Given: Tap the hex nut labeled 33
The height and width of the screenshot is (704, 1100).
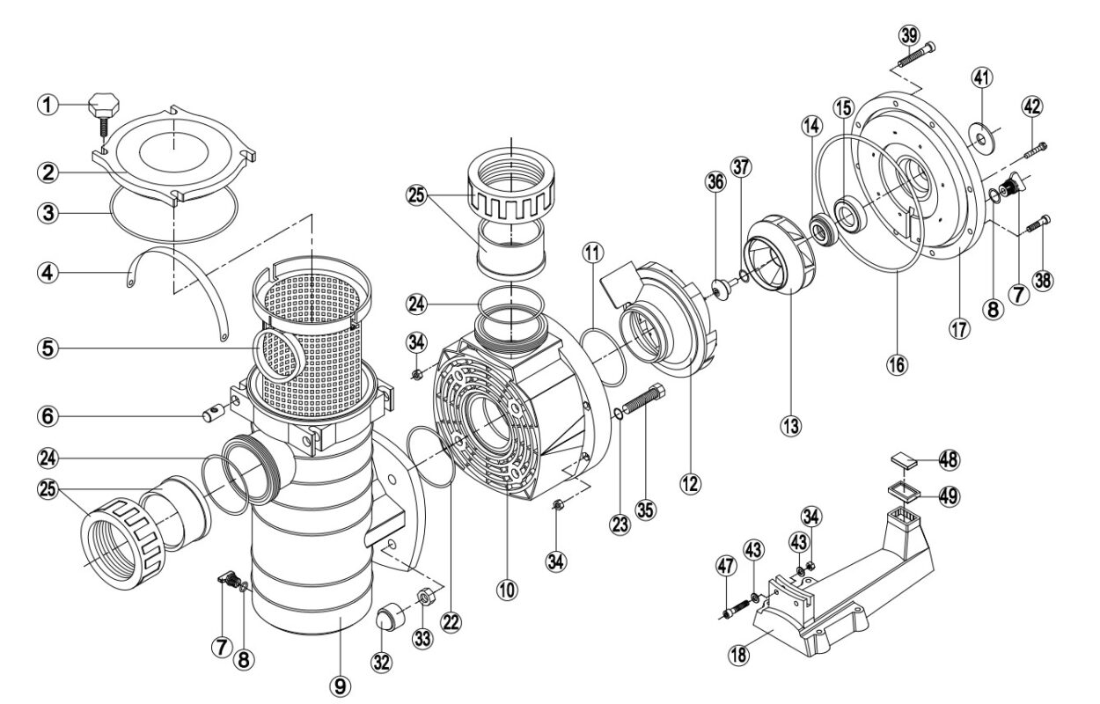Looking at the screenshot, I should click(x=424, y=598).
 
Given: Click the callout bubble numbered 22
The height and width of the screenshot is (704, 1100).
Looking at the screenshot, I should click(x=451, y=621).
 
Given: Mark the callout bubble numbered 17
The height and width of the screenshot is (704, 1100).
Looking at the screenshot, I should click(x=958, y=332).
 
